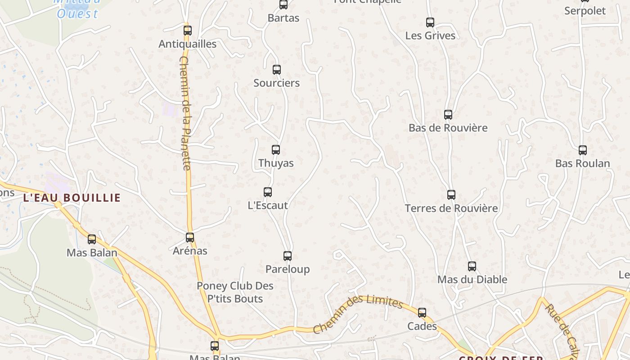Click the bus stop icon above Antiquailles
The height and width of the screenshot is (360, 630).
pos(188,31)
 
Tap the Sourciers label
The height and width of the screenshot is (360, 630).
pos(276,83)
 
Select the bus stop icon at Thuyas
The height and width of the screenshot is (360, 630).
pos(276,150)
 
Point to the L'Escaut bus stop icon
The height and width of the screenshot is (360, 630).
pos(268,192)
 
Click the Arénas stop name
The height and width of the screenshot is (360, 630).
pos(190,251)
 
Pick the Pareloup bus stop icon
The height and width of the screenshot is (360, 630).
pos(288,256)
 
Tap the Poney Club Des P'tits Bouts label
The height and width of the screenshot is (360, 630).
pos(235,292)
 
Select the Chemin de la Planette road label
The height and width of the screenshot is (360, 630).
pos(185,112)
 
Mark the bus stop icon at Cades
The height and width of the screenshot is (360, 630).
pos(422,312)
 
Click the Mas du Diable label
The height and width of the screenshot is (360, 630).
pos(472,279)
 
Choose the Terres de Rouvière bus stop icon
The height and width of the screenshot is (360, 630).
pos(451,195)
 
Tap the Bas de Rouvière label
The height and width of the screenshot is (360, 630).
pos(448,128)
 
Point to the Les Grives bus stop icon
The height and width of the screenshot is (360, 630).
pos(430,22)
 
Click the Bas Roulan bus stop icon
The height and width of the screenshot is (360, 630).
pos(583,150)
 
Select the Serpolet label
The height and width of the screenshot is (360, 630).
pos(585,11)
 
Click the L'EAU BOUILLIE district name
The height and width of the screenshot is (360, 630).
pos(72,198)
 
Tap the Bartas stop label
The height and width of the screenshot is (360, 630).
pos(283,18)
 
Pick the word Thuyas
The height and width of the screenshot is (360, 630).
pos(276,163)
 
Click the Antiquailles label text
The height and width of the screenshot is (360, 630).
pos(188,44)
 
